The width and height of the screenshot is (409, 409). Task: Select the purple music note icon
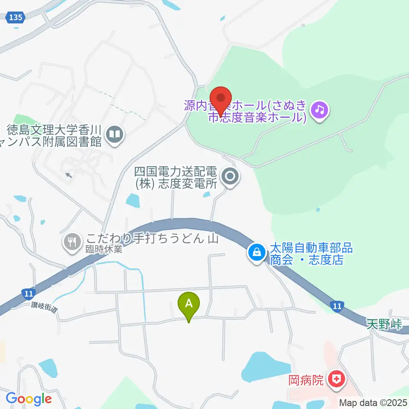pos(320,110)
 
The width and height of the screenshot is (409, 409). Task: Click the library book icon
pos(115,135)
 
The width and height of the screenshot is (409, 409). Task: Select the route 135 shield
pos(17,17)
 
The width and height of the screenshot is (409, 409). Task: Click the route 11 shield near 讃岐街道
pos(28,293)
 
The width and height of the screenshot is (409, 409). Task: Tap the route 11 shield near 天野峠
pos(337,306)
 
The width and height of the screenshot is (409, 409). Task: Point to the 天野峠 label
pos(384,324)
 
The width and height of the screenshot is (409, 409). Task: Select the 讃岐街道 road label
pos(44,307)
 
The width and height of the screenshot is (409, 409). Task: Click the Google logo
pos(29,399)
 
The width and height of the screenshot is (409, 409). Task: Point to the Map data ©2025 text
pos(373,402)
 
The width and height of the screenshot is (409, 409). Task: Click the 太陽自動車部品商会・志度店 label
pos(308,254)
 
